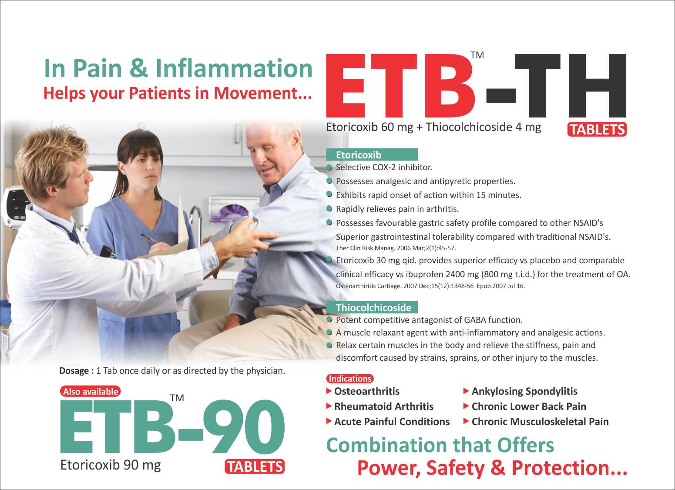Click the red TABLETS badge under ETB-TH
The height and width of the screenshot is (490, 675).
pyautogui.click(x=597, y=130)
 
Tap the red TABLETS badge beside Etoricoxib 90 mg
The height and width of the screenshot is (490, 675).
pyautogui.click(x=255, y=467)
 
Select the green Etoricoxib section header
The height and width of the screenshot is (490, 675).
pyautogui.click(x=372, y=154)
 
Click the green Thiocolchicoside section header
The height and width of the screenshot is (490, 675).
pyautogui.click(x=372, y=307)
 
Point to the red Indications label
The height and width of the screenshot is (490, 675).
pyautogui.click(x=350, y=379)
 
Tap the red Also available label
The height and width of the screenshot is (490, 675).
pyautogui.click(x=91, y=392)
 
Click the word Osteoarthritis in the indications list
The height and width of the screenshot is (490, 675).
pyautogui.click(x=367, y=391)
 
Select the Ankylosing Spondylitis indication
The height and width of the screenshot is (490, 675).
pyautogui.click(x=524, y=391)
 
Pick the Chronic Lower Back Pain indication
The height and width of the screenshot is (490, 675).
pyautogui.click(x=529, y=406)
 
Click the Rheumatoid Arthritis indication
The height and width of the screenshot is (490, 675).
pyautogui.click(x=383, y=406)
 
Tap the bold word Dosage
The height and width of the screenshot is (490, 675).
pyautogui.click(x=74, y=371)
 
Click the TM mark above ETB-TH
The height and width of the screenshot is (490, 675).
pyautogui.click(x=477, y=55)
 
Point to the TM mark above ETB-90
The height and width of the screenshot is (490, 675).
pyautogui.click(x=177, y=398)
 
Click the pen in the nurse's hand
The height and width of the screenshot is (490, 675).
pyautogui.click(x=149, y=238)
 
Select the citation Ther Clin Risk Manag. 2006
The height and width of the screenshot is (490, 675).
pyautogui.click(x=396, y=248)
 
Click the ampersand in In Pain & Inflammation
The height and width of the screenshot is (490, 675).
pyautogui.click(x=139, y=68)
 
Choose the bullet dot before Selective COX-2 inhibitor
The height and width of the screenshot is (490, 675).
pyautogui.click(x=329, y=167)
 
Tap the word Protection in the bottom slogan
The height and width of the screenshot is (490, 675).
pyautogui.click(x=568, y=468)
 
